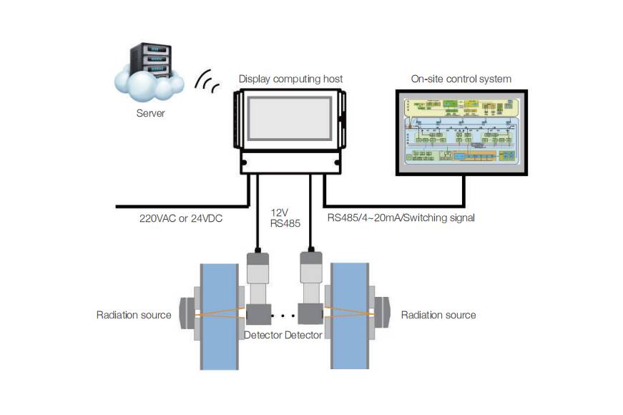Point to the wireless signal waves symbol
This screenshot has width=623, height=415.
(208, 82)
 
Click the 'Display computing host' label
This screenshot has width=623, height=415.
(290, 79)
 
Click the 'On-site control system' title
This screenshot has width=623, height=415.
(461, 79)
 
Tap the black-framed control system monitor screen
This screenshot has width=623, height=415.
(461, 132)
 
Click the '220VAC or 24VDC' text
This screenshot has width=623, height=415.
(181, 218)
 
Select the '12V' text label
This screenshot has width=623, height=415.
(280, 213)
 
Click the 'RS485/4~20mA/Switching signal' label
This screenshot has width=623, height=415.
(401, 218)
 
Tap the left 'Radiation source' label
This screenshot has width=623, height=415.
(134, 315)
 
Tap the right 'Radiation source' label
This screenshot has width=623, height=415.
(438, 315)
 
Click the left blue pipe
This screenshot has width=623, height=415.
(220, 315)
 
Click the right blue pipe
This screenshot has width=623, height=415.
(350, 315)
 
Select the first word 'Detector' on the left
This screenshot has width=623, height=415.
(263, 335)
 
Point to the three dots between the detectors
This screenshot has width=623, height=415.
(285, 316)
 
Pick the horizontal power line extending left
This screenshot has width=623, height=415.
(179, 206)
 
